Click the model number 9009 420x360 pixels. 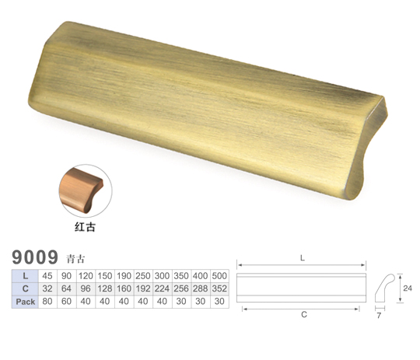(35, 257)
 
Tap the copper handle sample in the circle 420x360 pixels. (81, 190)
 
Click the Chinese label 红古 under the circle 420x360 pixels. (85, 227)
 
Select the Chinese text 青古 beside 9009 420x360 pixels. (75, 259)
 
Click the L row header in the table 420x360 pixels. (25, 276)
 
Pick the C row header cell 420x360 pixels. (25, 288)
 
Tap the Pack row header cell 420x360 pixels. (25, 302)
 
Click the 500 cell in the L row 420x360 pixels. (219, 276)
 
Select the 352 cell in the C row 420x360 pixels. (219, 288)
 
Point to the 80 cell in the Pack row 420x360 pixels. (47, 302)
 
